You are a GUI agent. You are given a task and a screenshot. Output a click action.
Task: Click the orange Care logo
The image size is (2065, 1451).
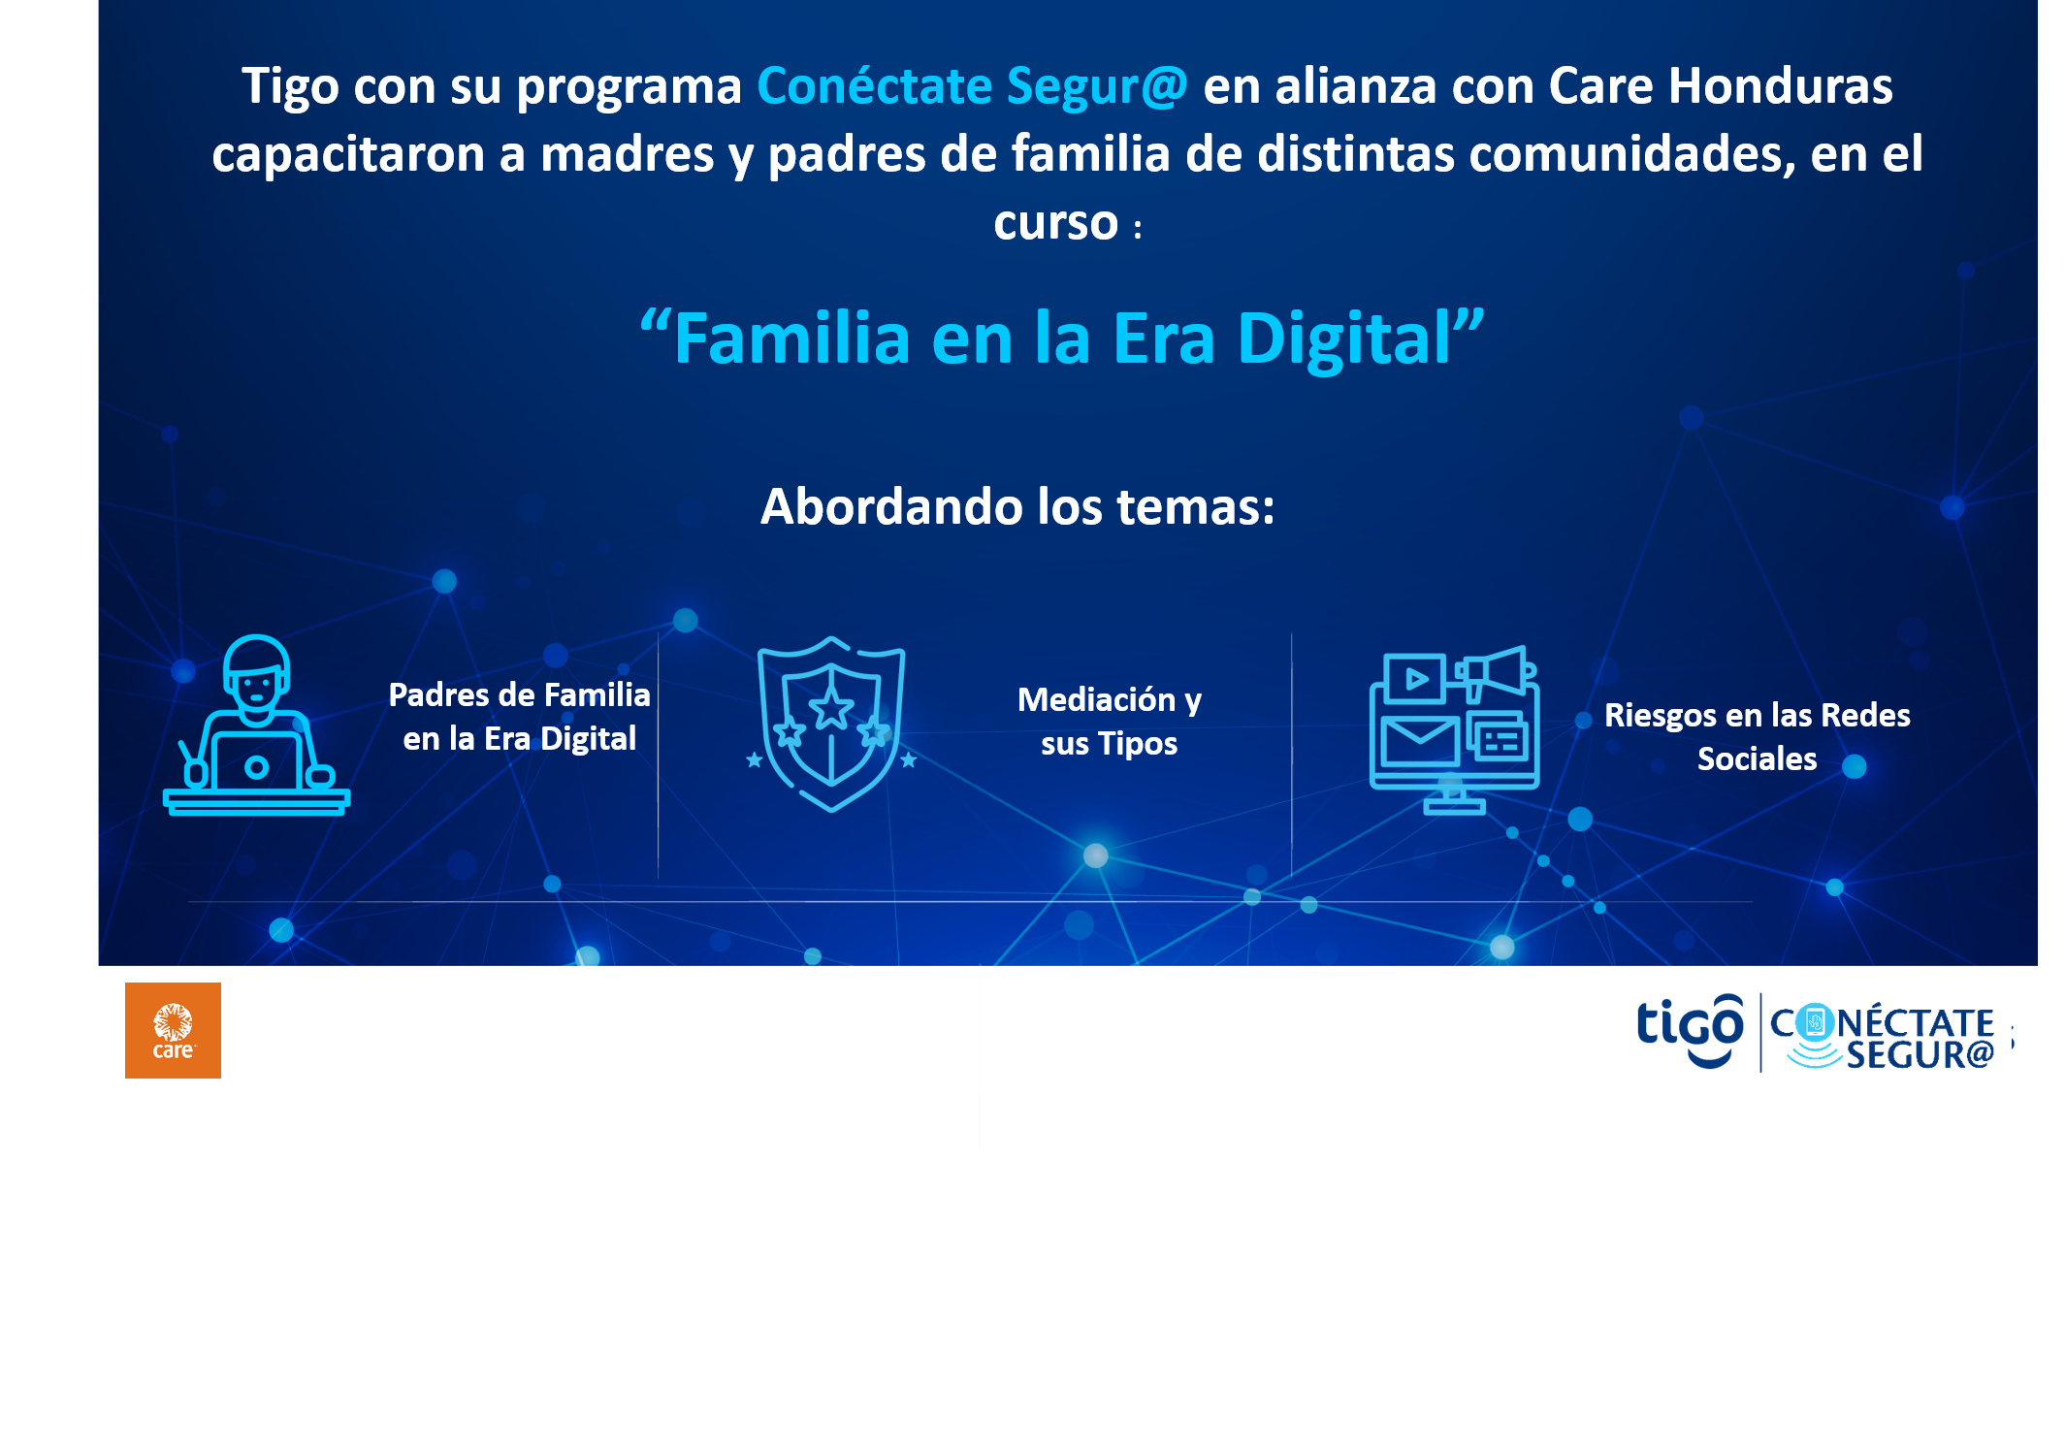[173, 1030]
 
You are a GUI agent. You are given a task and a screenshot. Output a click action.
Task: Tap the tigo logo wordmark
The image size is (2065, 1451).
[1690, 1031]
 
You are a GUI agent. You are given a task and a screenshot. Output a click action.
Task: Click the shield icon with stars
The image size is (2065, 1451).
[831, 724]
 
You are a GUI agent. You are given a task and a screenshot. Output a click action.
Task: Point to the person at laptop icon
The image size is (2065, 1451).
[256, 725]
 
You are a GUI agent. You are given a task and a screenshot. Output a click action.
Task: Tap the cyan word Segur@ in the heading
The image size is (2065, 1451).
[1097, 87]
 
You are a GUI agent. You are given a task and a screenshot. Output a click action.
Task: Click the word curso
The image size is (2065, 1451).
[1055, 223]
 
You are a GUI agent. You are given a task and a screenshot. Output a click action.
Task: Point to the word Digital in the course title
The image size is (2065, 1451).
[1362, 339]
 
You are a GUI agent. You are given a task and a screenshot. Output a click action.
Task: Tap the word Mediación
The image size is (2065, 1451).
[1096, 699]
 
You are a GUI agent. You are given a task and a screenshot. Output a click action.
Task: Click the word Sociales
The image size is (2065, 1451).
[1757, 758]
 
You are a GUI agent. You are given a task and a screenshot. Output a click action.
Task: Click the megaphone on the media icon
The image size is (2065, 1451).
[1496, 671]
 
